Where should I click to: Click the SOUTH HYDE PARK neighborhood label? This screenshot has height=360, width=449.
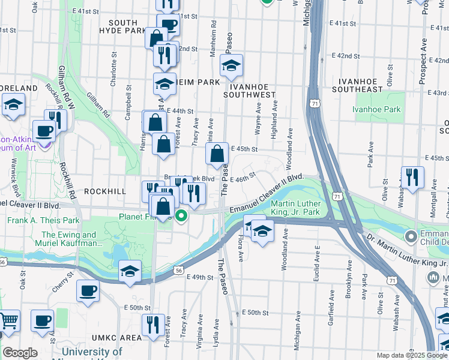[122, 26]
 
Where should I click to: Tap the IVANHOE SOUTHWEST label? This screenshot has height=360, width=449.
[249, 89]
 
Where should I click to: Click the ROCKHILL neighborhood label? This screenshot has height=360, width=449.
[105, 191]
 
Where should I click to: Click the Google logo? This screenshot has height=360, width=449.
[20, 353]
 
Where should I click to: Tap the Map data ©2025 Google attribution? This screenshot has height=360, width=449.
[412, 355]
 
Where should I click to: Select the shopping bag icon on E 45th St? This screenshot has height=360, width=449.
[217, 154]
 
